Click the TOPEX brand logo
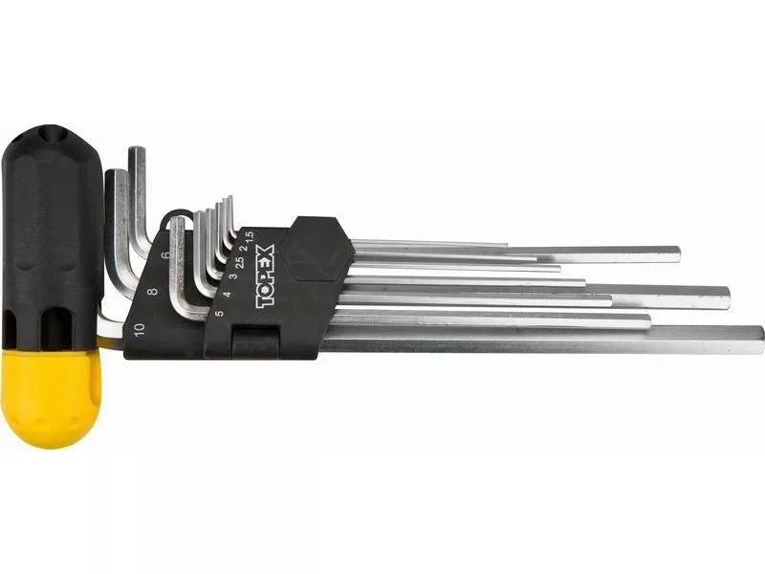(266, 276)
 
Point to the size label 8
(153, 292)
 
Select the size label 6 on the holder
(165, 254)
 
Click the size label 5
(220, 313)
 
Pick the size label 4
(227, 295)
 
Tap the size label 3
(233, 276)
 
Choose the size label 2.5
(239, 260)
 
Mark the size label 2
(245, 247)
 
